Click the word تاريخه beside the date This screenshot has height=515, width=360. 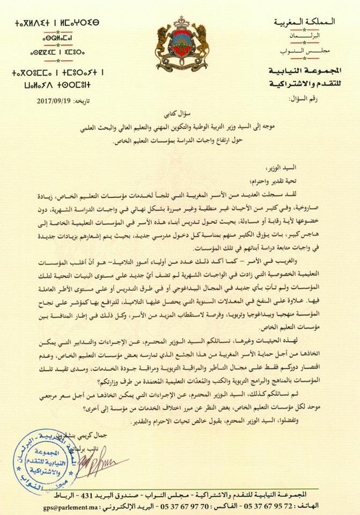point(74,100)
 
